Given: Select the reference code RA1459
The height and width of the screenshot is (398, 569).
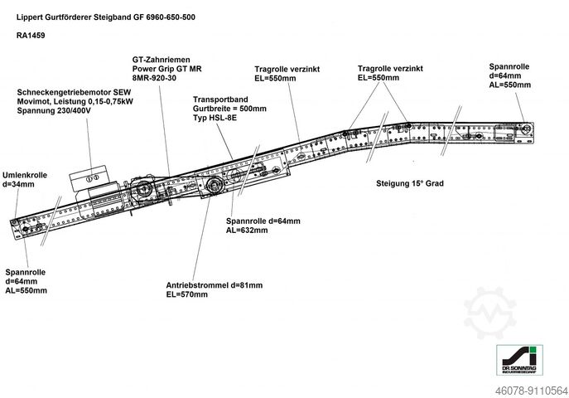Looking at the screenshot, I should (31, 36).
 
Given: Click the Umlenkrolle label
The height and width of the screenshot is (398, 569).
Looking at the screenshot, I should (24, 175).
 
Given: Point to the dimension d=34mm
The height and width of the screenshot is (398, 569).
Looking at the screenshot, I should (19, 184).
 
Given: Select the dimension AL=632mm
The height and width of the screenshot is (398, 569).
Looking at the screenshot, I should (247, 231).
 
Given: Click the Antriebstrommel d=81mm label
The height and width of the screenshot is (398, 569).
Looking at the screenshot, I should (214, 285).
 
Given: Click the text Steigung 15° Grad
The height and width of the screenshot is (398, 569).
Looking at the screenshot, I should (409, 183).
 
